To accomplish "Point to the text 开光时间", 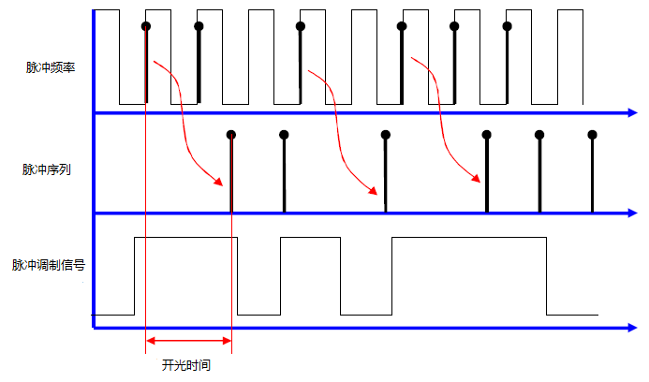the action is coord(185,365).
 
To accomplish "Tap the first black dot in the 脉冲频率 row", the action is coord(146,26).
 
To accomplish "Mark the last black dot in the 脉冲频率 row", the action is coord(507,26).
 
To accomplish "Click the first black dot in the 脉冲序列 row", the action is coord(231,135).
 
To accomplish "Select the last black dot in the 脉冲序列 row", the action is coord(592,135).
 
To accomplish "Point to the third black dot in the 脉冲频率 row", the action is coord(301,26).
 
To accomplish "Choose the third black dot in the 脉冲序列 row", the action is coord(386,135).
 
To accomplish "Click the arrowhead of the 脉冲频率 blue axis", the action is coord(631,113).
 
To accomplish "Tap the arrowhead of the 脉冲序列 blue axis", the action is coord(631,213).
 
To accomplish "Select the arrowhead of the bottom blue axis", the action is coord(631,328).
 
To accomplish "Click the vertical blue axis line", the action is coord(95,169).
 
